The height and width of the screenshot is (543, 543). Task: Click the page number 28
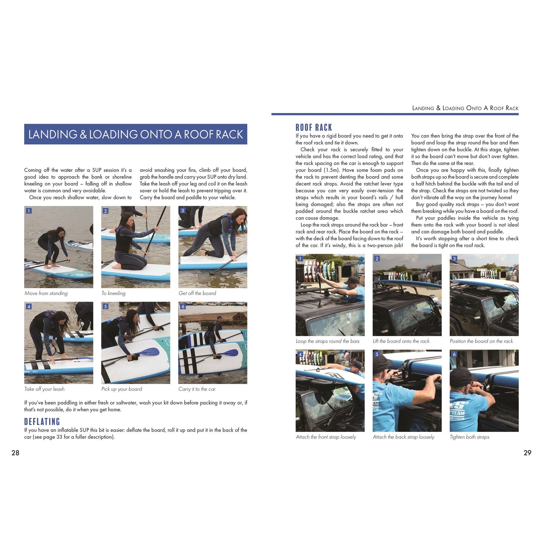(x=15, y=452)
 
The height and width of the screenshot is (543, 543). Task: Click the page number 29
(x=527, y=452)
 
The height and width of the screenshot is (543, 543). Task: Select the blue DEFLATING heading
(x=42, y=422)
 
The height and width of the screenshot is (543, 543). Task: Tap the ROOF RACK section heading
(x=314, y=127)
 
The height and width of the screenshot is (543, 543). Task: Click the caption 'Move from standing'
(x=46, y=293)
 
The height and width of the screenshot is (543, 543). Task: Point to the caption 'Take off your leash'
(x=45, y=389)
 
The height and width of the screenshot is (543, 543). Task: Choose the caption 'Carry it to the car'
(x=197, y=389)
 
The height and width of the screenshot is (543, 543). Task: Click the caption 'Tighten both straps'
(x=470, y=437)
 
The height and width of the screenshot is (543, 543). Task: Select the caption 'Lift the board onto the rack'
(x=401, y=341)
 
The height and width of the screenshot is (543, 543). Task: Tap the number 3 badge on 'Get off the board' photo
(x=182, y=211)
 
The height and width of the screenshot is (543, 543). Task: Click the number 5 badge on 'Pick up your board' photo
(x=106, y=307)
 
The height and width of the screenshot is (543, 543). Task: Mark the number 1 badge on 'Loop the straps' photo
(x=300, y=258)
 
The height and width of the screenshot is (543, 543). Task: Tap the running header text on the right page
(x=465, y=108)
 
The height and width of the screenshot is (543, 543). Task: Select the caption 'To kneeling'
(x=113, y=293)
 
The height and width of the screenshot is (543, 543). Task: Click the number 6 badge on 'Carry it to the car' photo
(x=183, y=307)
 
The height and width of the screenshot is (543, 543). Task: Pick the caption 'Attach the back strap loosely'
(x=404, y=437)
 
